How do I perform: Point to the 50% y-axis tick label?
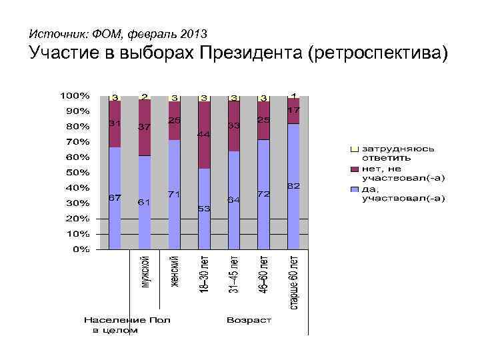pyautogui.click(x=77, y=172)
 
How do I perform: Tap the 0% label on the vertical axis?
pyautogui.click(x=80, y=249)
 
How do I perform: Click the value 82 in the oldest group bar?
pyautogui.click(x=293, y=186)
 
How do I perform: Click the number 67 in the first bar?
pyautogui.click(x=115, y=198)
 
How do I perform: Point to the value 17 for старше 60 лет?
pyautogui.click(x=293, y=109)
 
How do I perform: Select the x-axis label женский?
pyautogui.click(x=175, y=270)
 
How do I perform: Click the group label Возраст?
pyautogui.click(x=249, y=320)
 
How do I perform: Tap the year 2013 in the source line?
pyautogui.click(x=193, y=33)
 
